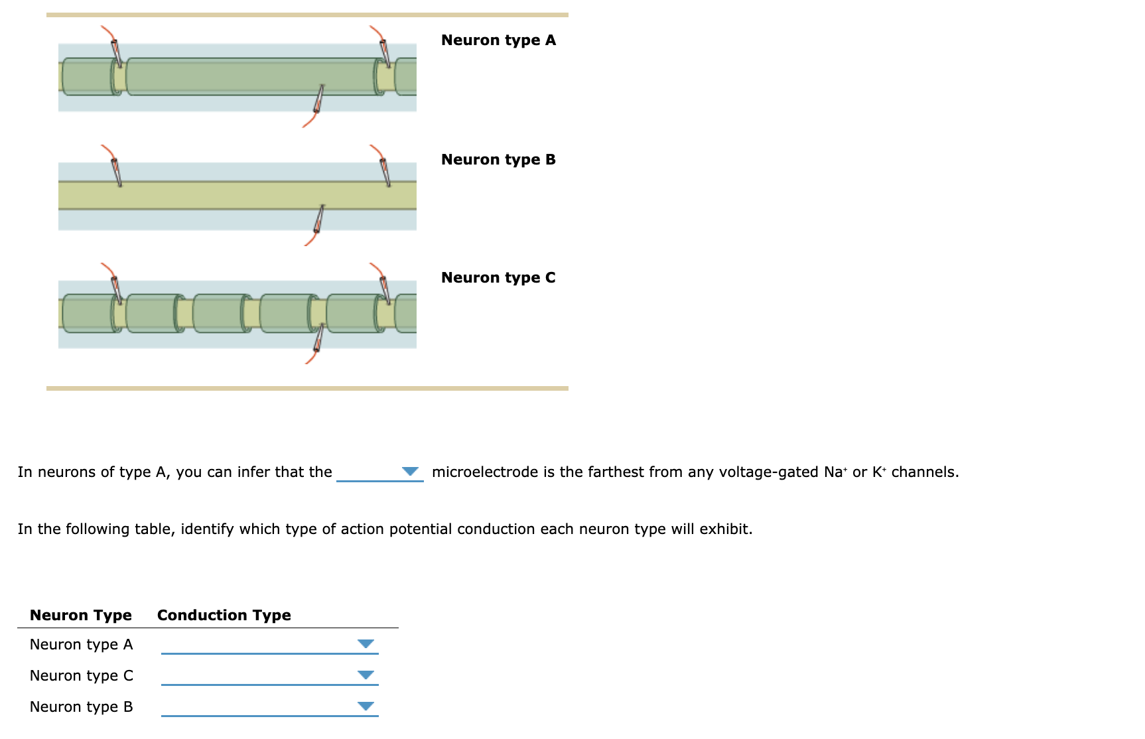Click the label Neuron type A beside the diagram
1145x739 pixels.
[x=498, y=40]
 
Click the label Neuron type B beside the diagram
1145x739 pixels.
[x=498, y=160]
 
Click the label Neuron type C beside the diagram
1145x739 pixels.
[x=498, y=278]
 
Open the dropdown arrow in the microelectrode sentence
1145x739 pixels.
[x=410, y=472]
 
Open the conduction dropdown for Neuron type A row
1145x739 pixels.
[x=366, y=644]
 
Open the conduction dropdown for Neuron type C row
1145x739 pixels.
[x=366, y=675]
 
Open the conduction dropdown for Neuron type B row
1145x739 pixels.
[x=366, y=706]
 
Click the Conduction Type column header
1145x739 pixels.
[x=224, y=615]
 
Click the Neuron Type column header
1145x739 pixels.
[x=80, y=615]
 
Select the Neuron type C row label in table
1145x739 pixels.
[x=81, y=675]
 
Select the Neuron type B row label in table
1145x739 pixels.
[x=81, y=706]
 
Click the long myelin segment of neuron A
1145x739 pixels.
[x=252, y=76]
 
